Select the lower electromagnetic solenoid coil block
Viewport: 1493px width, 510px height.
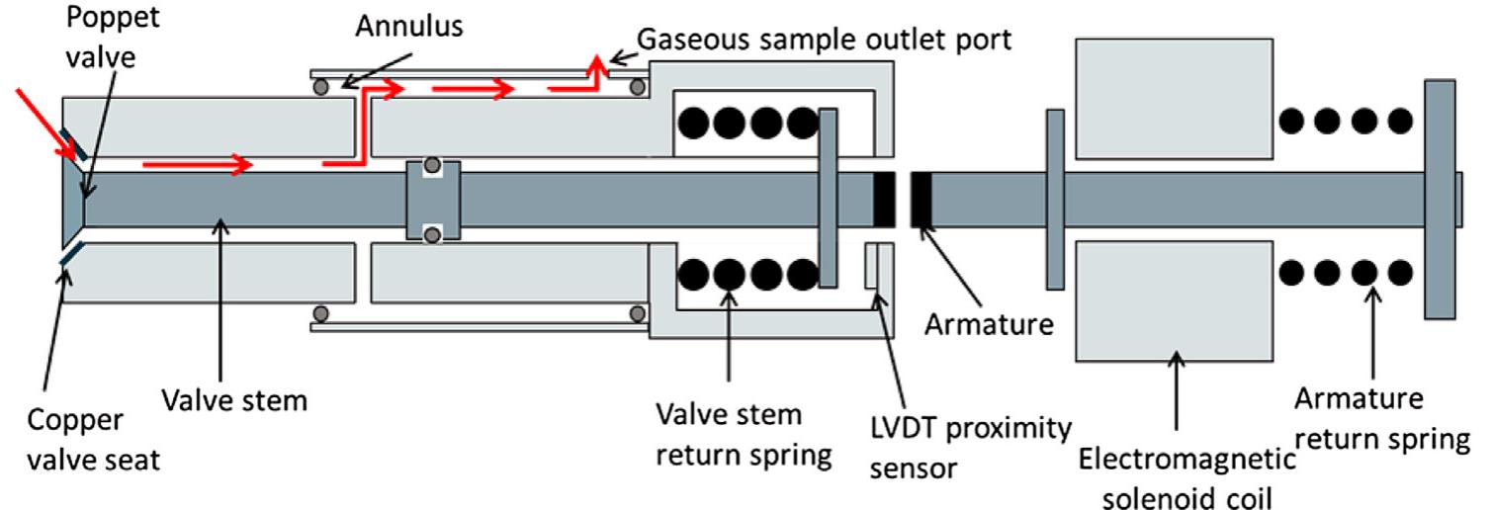pyautogui.click(x=1174, y=298)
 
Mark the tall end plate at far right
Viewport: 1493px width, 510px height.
pyautogui.click(x=1440, y=198)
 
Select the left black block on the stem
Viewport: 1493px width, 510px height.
pyautogui.click(x=885, y=198)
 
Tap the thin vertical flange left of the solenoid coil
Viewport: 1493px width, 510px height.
pyautogui.click(x=1055, y=197)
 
